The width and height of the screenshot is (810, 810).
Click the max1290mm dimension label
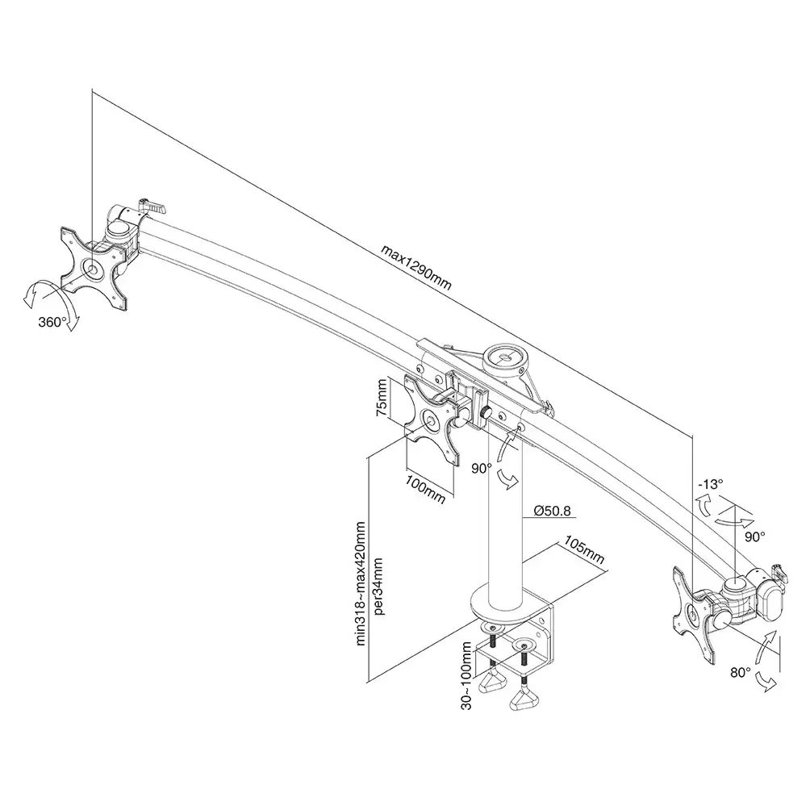click(x=416, y=267)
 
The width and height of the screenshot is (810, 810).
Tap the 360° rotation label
click(x=52, y=322)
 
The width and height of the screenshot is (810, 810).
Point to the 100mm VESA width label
click(x=425, y=489)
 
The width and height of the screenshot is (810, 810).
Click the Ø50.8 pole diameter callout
click(x=552, y=511)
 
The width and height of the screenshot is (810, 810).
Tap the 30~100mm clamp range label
click(x=466, y=676)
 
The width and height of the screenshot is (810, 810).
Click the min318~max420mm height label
click(x=361, y=584)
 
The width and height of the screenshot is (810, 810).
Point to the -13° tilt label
click(x=710, y=484)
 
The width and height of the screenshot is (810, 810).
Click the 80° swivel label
click(x=741, y=672)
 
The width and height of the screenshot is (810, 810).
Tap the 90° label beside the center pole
click(x=482, y=468)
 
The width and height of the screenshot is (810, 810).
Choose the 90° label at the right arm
click(x=754, y=537)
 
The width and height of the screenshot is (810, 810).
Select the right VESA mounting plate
click(x=695, y=615)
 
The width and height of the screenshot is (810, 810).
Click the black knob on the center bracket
click(x=486, y=413)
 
